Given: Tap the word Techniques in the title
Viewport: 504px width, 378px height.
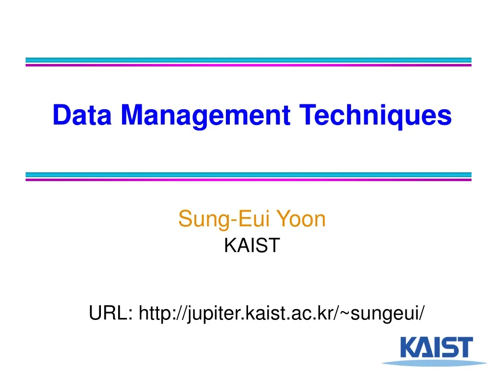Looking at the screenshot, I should point(376,115).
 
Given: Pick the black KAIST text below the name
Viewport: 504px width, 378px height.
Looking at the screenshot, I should point(252,245).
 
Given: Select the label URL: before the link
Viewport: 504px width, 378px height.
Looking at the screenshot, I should point(111,312).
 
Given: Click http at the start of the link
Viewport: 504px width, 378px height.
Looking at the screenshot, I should point(155,312).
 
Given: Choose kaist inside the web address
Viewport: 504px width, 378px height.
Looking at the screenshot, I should point(263,312).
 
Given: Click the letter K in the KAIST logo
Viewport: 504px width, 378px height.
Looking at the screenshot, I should point(409,347).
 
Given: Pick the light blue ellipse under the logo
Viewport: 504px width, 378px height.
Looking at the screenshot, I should point(427,363).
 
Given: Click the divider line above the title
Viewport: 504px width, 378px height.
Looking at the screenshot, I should point(249,62).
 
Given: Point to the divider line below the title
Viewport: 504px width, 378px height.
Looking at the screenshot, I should point(249,177).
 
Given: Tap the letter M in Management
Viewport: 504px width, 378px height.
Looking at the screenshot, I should point(134,115).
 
